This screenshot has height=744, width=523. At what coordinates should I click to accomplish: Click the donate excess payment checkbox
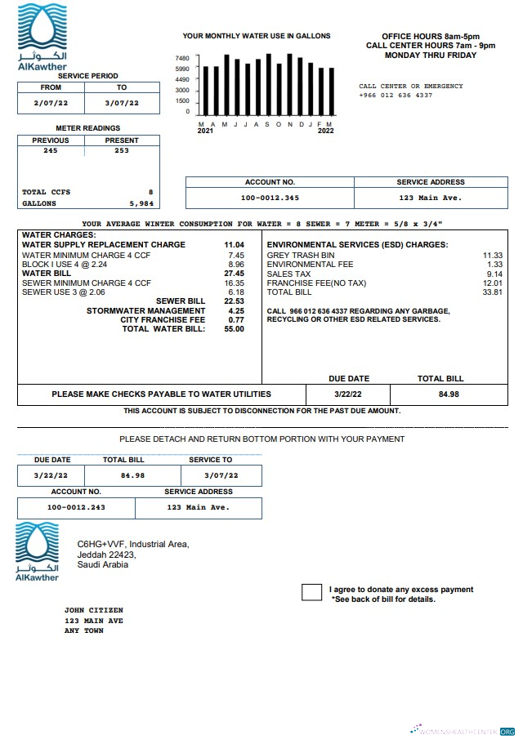[x=311, y=593]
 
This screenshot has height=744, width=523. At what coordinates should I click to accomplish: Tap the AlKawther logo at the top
[x=42, y=37]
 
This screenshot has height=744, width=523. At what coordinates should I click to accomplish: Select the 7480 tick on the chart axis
[x=182, y=59]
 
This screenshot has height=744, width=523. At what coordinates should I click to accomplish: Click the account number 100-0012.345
[x=270, y=198]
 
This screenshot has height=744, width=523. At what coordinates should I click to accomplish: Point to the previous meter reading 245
[x=51, y=150]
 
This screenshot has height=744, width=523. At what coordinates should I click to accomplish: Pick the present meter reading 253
[x=122, y=150]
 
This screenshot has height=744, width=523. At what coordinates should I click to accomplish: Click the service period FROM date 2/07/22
[x=51, y=103]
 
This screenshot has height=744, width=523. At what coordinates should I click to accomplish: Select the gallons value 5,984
[x=141, y=203]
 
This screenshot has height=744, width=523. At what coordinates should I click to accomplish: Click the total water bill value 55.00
[x=235, y=328]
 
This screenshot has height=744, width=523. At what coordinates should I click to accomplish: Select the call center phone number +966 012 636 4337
[x=396, y=96]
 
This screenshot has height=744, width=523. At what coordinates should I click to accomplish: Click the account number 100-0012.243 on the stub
[x=76, y=507]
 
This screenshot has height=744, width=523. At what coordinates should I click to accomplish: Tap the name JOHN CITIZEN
[x=94, y=610]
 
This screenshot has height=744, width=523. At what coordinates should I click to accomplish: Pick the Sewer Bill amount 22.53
[x=235, y=301]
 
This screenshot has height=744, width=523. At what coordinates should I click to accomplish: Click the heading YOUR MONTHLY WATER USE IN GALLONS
[x=256, y=36]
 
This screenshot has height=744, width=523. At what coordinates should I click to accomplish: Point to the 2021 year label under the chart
[x=206, y=131]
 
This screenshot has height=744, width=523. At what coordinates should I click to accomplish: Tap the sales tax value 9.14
[x=494, y=274]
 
